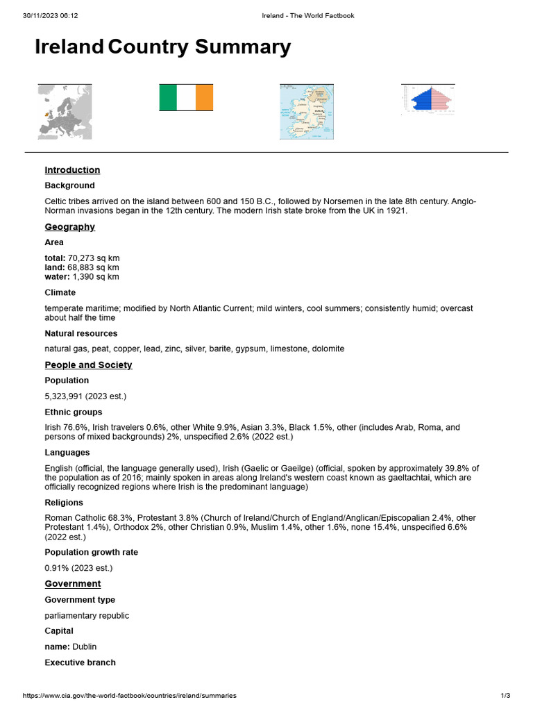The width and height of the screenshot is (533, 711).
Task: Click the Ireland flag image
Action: pyautogui.click(x=186, y=98)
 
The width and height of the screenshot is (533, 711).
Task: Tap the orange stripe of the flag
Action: pyautogui.click(x=204, y=98)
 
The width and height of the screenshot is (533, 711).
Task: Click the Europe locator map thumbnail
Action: pyautogui.click(x=65, y=112)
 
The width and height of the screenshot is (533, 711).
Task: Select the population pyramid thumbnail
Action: pyautogui.click(x=428, y=99)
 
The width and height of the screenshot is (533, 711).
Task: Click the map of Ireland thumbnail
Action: pyautogui.click(x=306, y=112)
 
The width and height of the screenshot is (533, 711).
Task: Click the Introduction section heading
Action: pyautogui.click(x=72, y=170)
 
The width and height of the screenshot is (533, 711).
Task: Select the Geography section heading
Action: pyautogui.click(x=69, y=227)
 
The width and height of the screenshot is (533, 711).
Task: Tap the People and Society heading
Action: pyautogui.click(x=88, y=365)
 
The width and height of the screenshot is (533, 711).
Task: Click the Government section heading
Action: pyautogui.click(x=73, y=584)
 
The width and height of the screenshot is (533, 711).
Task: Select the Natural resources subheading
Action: pyautogui.click(x=81, y=333)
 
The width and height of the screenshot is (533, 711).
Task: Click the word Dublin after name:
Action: pyautogui.click(x=85, y=647)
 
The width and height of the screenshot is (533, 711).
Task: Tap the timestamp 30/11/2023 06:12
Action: pyautogui.click(x=50, y=15)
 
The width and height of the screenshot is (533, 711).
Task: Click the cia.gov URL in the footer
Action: pyautogui.click(x=129, y=695)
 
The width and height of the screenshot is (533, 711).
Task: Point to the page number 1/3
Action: pyautogui.click(x=505, y=695)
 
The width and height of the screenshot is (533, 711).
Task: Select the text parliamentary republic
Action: pyautogui.click(x=87, y=616)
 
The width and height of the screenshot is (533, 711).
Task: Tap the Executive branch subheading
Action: pyautogui.click(x=80, y=662)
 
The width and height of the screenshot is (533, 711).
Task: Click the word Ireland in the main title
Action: pyautogui.click(x=69, y=47)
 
